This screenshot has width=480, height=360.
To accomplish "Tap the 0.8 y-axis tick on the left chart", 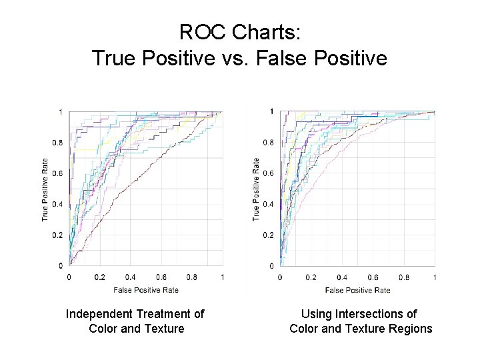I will click(x=59, y=143).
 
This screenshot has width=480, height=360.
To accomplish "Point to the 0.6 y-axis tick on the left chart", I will click(x=59, y=173).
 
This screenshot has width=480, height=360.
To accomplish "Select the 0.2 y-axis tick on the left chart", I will click(x=59, y=235).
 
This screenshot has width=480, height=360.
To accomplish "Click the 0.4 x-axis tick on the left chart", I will click(x=131, y=277).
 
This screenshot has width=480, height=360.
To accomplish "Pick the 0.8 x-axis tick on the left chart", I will click(x=192, y=277).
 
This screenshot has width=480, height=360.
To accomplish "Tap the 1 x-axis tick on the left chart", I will click(x=222, y=277).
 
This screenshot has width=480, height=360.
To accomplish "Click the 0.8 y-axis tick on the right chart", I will click(x=268, y=143).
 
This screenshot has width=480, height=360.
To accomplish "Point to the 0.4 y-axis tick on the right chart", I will click(x=268, y=204).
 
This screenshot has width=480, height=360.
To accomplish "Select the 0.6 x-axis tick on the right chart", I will click(x=373, y=277).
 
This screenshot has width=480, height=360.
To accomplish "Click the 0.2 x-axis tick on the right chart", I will click(x=311, y=277).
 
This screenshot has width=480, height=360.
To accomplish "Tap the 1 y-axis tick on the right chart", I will click(x=271, y=111).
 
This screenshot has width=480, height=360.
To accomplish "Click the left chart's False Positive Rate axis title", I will click(x=145, y=289).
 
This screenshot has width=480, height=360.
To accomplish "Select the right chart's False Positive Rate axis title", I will click(x=357, y=289).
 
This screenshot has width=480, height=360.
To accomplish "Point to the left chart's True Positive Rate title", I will click(x=45, y=189).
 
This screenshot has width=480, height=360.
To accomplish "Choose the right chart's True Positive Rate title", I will click(x=256, y=189).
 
